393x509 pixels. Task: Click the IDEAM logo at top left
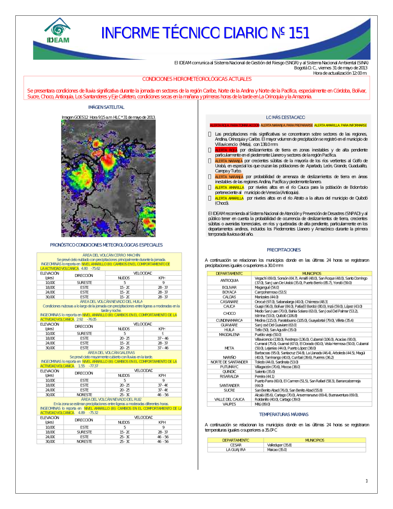(58, 31)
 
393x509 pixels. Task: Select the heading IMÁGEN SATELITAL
(106, 107)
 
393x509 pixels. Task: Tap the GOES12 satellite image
(108, 178)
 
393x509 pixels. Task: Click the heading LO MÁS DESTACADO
(285, 117)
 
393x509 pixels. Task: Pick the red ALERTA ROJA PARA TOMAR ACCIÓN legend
(234, 125)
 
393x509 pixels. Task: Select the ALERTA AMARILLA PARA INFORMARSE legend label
(340, 125)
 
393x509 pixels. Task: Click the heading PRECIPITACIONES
(284, 250)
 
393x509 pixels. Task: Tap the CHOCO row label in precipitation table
(230, 314)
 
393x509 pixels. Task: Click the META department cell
(230, 348)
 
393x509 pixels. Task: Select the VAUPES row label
(230, 404)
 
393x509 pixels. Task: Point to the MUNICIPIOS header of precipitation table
(312, 273)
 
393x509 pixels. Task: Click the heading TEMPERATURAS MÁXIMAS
(284, 414)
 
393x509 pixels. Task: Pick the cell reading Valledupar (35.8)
(279, 445)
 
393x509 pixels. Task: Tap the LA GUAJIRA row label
(236, 450)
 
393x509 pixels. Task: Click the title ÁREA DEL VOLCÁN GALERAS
(111, 352)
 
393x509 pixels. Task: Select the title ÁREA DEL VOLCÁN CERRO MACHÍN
(111, 255)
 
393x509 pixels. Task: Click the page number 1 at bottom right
(367, 481)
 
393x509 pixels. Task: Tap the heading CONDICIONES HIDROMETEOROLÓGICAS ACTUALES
(197, 79)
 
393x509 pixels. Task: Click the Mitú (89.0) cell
(263, 404)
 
